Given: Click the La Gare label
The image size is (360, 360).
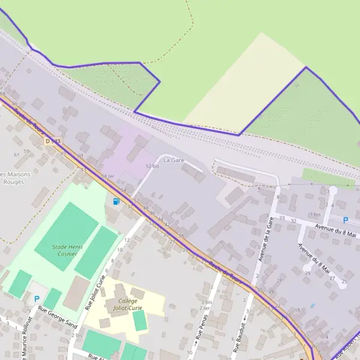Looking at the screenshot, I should coord(173,160).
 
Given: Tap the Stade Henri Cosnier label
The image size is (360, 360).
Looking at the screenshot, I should coord(67,251).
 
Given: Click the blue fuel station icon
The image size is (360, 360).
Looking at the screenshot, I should coord(115,201).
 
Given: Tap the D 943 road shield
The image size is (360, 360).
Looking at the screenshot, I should coord(53,141).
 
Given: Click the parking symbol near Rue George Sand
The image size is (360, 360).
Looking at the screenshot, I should coord(37,298).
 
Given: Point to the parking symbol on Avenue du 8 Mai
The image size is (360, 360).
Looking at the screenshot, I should coord(345,220).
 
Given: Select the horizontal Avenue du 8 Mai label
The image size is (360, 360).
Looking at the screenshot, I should coord(336,231).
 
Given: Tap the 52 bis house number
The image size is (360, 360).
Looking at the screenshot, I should coord(152,166).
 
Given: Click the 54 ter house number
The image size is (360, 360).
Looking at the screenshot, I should coord(107,176).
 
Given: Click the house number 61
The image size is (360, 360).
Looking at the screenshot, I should coord(17,155).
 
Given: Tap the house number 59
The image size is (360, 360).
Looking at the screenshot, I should coord(26,151).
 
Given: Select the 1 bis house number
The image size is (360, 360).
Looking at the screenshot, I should coord(315,214).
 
